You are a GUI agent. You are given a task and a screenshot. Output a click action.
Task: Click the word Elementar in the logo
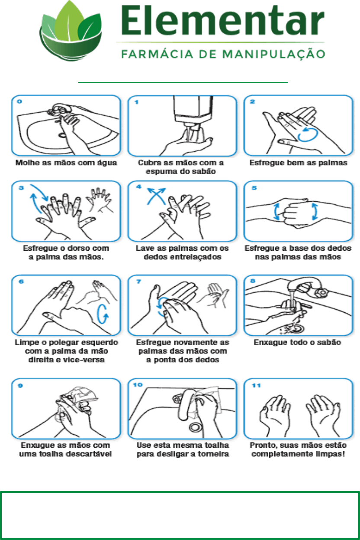[223, 21]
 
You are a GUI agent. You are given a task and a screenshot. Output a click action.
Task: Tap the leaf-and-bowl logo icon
[71, 31]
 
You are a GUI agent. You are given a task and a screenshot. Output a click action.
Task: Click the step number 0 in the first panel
[19, 101]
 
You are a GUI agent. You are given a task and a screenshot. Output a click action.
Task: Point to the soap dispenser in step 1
[193, 111]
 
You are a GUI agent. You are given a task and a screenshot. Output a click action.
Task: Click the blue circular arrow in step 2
[308, 135]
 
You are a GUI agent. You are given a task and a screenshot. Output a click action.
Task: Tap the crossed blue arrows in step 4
[156, 196]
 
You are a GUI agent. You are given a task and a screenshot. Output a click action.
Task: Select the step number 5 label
[254, 188]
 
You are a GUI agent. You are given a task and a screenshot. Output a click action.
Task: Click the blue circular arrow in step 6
[103, 314]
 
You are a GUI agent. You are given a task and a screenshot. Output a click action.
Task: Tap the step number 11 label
[256, 385]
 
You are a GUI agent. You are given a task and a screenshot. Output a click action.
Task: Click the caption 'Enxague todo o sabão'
[297, 343]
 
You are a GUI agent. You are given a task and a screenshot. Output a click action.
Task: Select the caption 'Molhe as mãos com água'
[66, 163]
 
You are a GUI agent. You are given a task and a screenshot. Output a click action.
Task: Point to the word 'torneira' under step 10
[213, 454]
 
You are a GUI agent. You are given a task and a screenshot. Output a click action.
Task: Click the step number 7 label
[138, 281]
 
